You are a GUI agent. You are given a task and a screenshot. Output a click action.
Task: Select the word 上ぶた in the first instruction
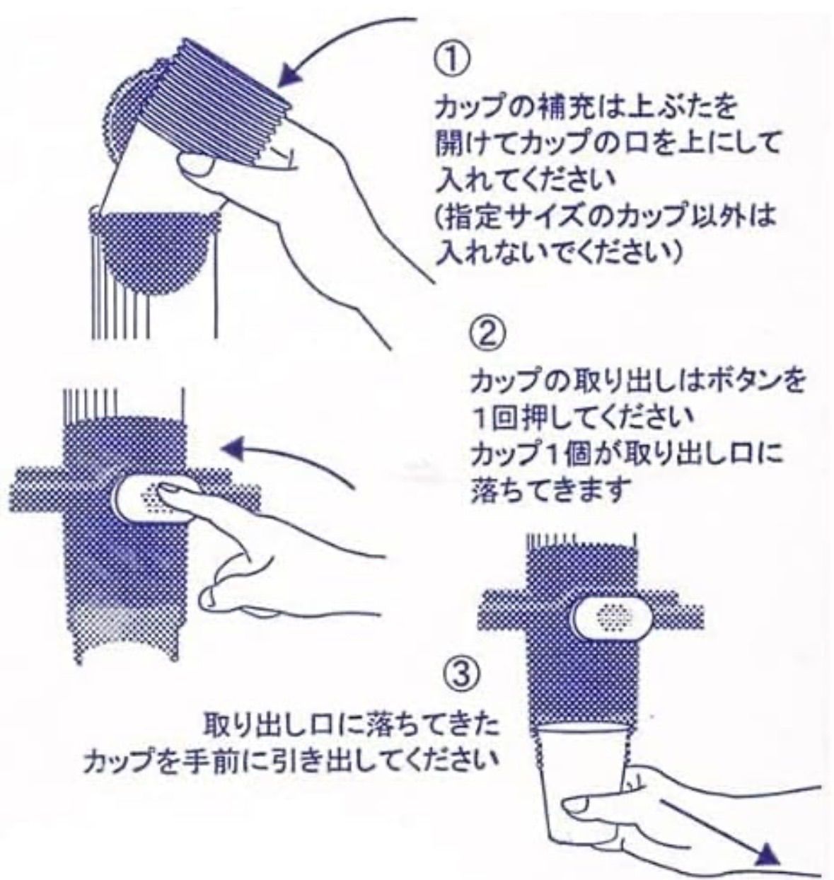tap(666, 109)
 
